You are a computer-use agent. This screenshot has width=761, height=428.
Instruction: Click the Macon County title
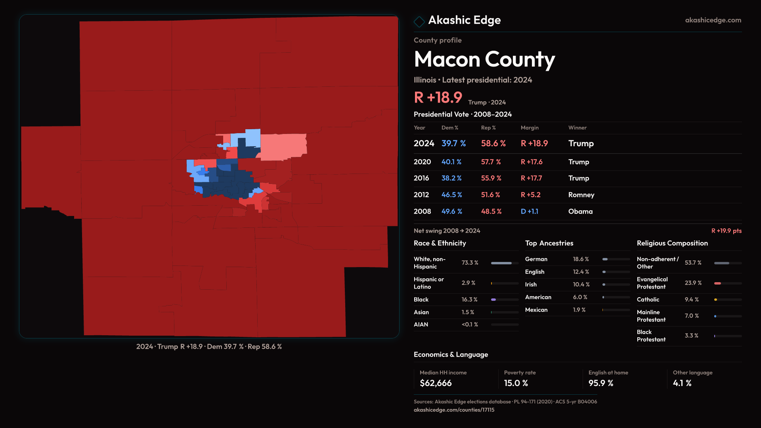(x=484, y=59)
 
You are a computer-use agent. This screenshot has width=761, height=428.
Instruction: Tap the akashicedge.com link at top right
(x=713, y=20)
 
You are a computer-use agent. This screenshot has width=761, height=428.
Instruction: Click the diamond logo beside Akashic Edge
(x=419, y=21)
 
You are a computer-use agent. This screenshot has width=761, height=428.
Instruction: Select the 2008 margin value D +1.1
(x=529, y=212)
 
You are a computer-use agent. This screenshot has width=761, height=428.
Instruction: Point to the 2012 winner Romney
(x=581, y=195)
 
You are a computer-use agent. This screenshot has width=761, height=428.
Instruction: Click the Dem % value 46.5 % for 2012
(x=451, y=195)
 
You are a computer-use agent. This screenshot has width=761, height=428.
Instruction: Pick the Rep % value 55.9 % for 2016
(x=491, y=178)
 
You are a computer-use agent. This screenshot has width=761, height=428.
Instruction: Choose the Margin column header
(x=530, y=128)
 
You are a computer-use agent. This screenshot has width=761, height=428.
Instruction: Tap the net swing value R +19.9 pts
(x=726, y=231)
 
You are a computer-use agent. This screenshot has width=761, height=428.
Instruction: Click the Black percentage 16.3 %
(x=469, y=300)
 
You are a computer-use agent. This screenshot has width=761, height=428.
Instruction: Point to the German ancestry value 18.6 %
(x=581, y=259)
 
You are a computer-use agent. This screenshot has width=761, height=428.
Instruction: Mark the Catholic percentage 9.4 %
(x=692, y=300)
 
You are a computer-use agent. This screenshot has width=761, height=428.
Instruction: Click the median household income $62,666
(x=436, y=383)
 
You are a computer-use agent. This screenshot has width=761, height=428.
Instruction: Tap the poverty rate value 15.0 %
(x=516, y=383)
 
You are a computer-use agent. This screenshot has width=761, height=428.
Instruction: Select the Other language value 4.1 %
(x=682, y=383)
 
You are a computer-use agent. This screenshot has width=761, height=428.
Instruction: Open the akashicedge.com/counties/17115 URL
(x=454, y=410)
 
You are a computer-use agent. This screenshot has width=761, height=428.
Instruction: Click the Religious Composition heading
(x=672, y=243)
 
